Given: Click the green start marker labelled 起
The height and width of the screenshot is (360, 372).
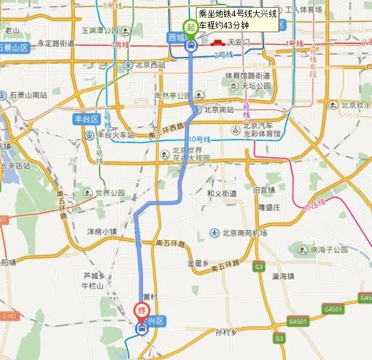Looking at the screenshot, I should tap(191, 27).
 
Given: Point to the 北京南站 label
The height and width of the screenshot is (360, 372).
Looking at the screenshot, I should tap(218, 109).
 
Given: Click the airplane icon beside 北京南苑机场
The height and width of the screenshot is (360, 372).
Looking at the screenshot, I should tap(215, 233).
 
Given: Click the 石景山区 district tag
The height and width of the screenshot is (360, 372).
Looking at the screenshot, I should tap(14, 48).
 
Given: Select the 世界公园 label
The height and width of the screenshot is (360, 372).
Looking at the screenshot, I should tap(110, 193).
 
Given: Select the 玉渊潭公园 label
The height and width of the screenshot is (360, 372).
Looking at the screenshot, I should tap(100, 30).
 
